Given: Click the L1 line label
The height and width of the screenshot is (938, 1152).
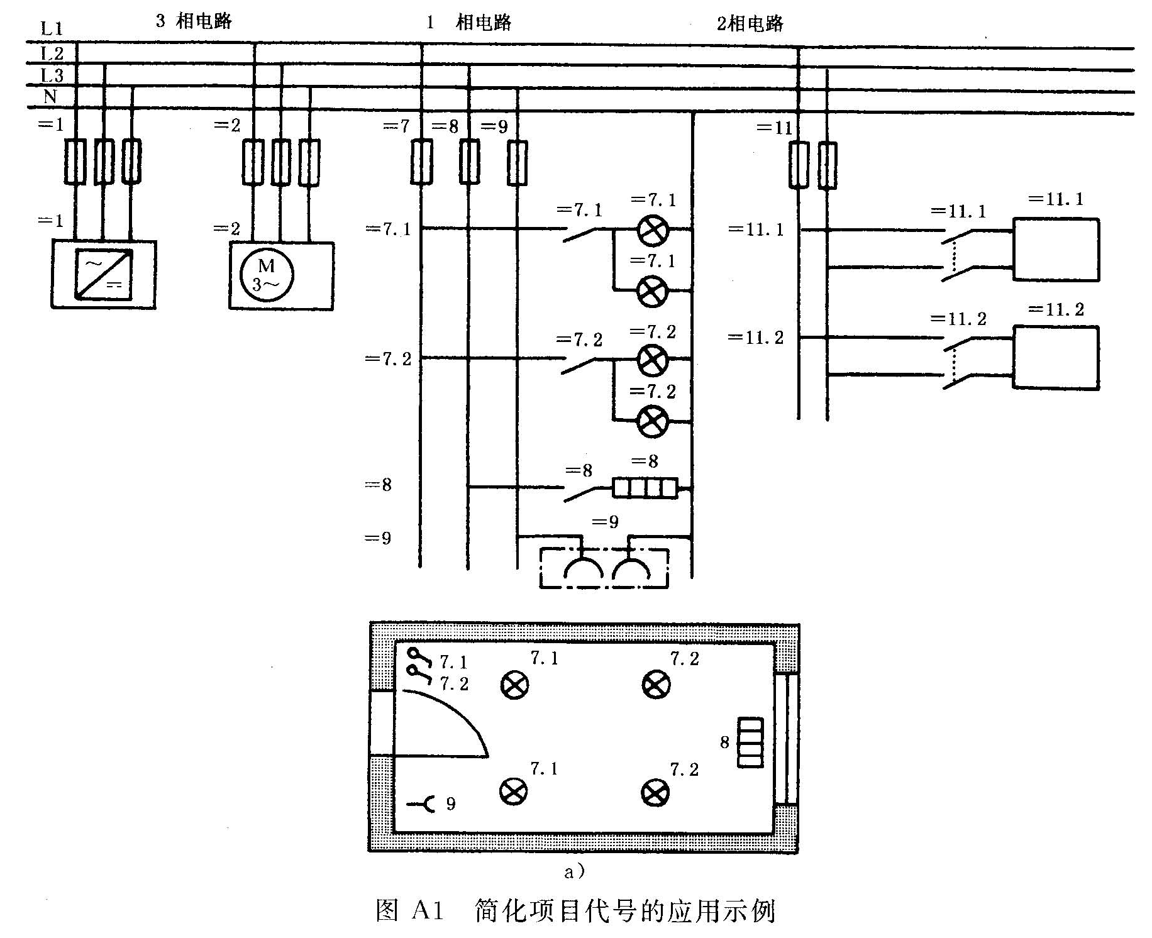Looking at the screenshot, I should pyautogui.click(x=52, y=28).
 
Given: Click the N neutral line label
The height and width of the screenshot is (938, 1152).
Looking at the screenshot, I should pyautogui.click(x=50, y=97).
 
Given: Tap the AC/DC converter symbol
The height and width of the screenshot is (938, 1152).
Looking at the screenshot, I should pyautogui.click(x=104, y=274).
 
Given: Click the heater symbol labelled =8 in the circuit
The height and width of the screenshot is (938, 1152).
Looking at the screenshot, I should pyautogui.click(x=645, y=488).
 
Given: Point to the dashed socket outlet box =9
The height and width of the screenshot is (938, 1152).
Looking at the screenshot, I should pyautogui.click(x=604, y=568).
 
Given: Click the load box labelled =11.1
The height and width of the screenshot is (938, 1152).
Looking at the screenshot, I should pyautogui.click(x=1056, y=249).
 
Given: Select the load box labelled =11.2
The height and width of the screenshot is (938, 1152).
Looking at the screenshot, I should pyautogui.click(x=1056, y=357).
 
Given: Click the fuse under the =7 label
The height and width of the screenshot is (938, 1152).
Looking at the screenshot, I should pyautogui.click(x=421, y=162).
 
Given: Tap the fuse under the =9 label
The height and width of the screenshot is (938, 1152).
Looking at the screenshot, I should pyautogui.click(x=517, y=162).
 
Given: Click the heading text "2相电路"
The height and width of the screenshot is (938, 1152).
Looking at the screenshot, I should pyautogui.click(x=750, y=24).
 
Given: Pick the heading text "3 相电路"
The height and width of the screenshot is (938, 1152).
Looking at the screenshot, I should pyautogui.click(x=194, y=21).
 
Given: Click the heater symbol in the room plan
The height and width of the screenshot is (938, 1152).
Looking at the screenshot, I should pyautogui.click(x=750, y=742).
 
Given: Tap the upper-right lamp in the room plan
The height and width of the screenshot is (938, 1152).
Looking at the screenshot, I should pyautogui.click(x=656, y=683).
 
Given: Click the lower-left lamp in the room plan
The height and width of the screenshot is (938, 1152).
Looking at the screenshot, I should pyautogui.click(x=514, y=792).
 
